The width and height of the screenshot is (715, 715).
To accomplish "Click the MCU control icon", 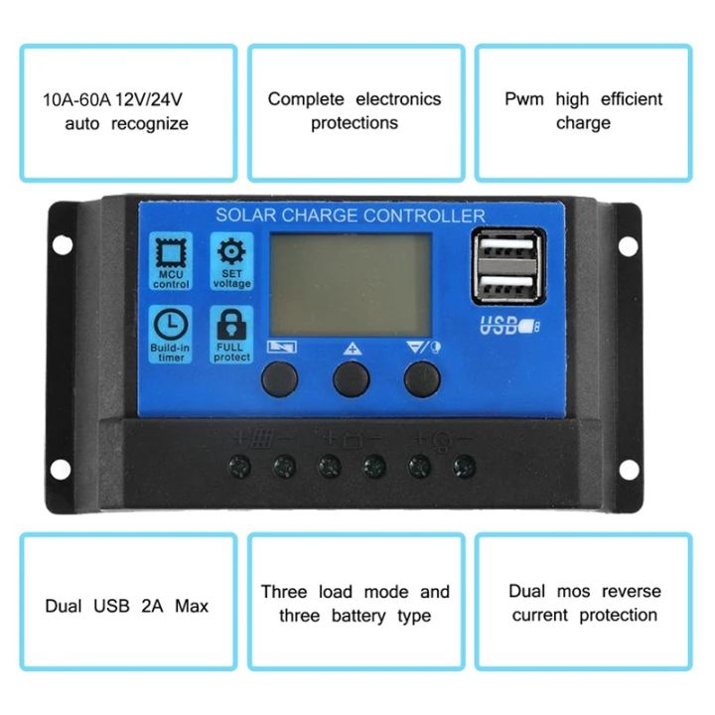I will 171,256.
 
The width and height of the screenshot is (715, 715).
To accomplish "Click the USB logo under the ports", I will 503,325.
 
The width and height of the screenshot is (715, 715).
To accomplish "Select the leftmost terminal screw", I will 238,465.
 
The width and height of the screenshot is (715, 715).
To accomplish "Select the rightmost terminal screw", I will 464,465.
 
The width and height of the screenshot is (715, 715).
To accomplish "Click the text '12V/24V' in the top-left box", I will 154,100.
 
